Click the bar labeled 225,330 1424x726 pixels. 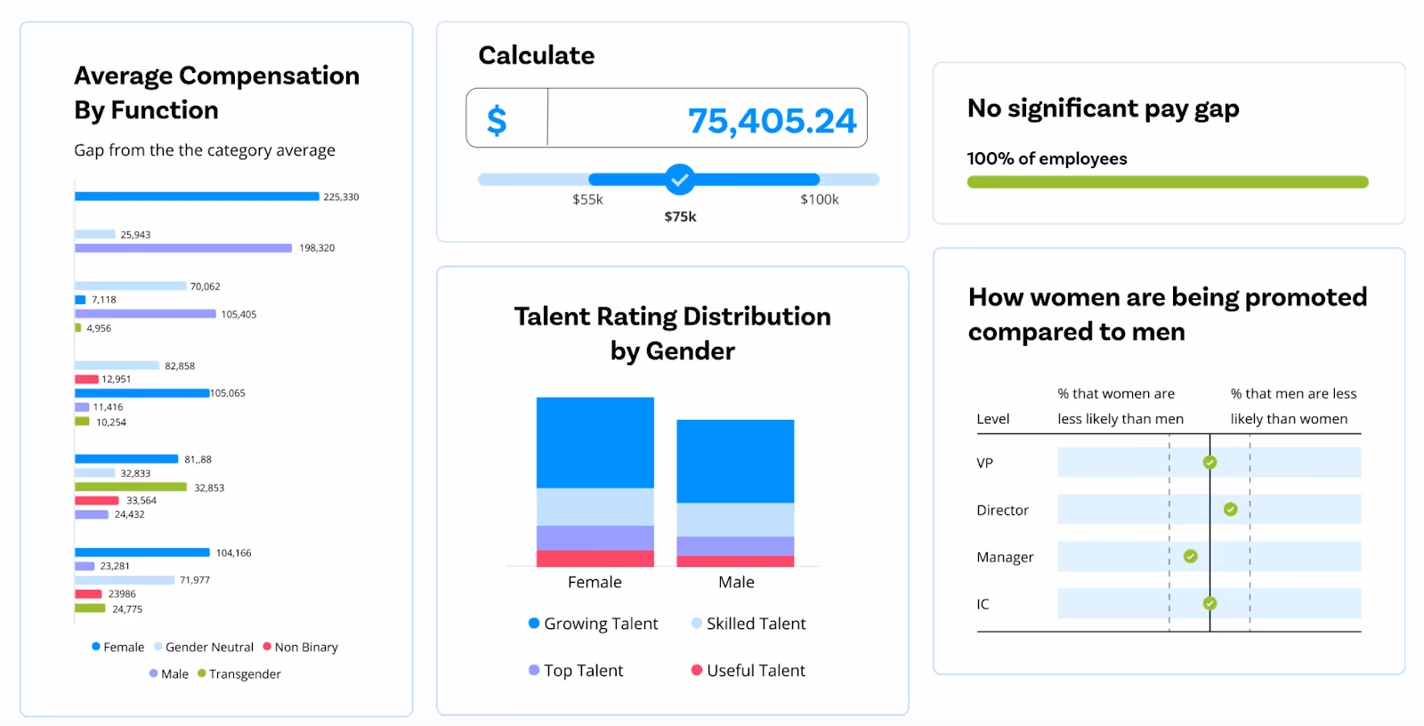[x=197, y=197]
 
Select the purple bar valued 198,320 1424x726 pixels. [x=183, y=248]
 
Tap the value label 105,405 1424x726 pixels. [x=239, y=315]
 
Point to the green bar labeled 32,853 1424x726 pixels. [x=131, y=488]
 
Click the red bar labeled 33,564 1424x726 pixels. [x=97, y=501]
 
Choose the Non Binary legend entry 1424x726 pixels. [x=301, y=647]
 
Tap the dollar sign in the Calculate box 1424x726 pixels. [x=497, y=120]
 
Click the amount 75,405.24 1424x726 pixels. [x=772, y=121]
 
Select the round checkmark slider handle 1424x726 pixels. [x=680, y=180]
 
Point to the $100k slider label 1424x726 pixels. [x=819, y=199]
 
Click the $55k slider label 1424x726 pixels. [x=587, y=199]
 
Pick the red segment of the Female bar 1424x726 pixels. [x=595, y=559]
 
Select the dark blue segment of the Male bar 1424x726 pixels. [x=735, y=461]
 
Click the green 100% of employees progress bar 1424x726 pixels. [x=1167, y=182]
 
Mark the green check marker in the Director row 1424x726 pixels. [x=1230, y=510]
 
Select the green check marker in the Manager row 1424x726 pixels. [x=1190, y=557]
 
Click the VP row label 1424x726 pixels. [x=984, y=464]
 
